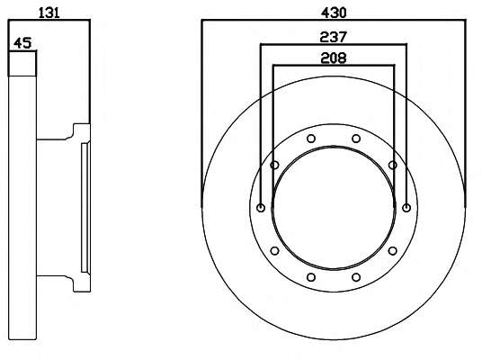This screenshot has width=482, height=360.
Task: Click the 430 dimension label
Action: coord(334,13)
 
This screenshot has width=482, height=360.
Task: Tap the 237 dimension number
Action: coord(334,37)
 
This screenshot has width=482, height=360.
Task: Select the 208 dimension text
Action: coord(334,58)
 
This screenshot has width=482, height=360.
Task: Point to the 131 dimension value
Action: coord(49,13)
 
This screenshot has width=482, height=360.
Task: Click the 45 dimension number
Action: coord(22,43)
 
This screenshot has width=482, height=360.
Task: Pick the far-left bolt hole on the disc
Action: coord(261,208)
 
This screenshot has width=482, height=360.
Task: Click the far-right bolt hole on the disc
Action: coord(406,208)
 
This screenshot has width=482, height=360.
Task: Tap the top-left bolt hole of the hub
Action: coord(311,139)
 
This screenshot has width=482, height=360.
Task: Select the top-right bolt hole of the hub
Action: coord(356,139)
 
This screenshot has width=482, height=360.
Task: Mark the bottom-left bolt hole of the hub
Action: coord(311,277)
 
